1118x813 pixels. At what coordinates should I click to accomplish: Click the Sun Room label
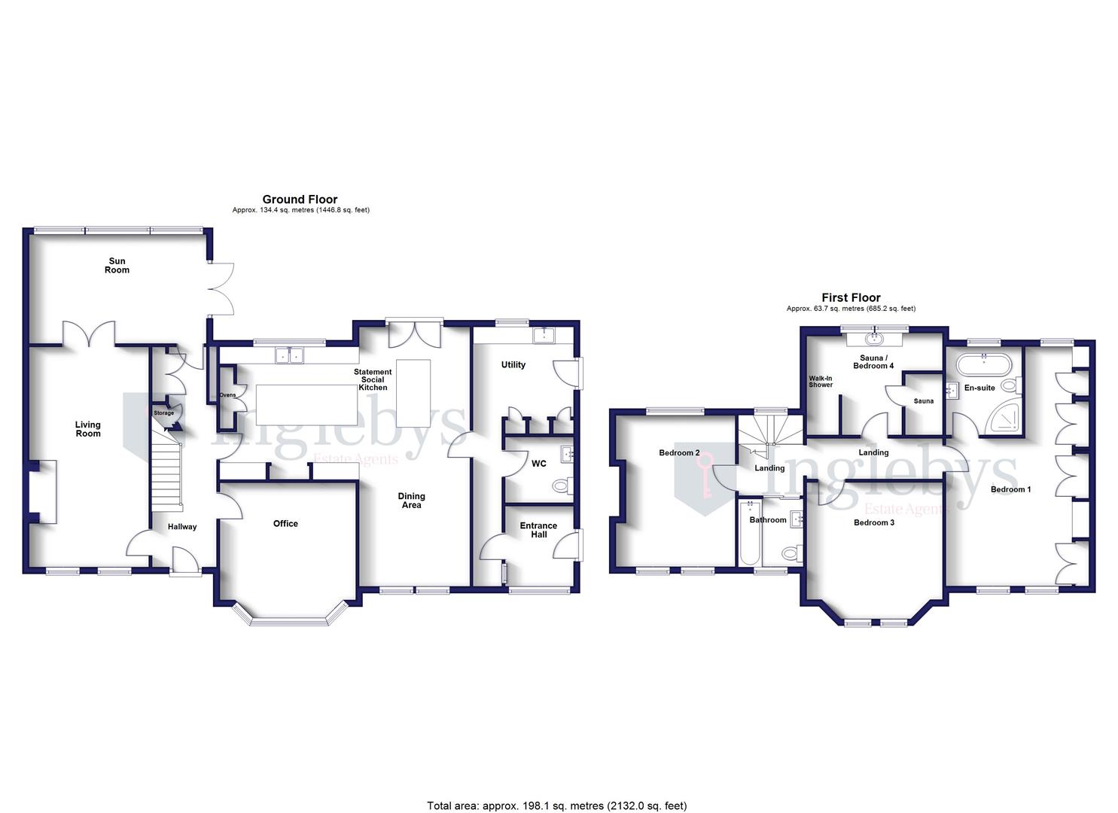[x=117, y=266]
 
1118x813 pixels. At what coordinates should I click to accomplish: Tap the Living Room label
[x=87, y=429]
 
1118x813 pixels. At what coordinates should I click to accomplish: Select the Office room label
[x=285, y=524]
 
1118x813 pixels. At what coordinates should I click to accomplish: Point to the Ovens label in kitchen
[x=227, y=395]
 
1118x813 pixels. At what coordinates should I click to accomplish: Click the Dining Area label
[x=411, y=501]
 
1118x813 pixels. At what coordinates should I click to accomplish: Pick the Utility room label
[x=513, y=365]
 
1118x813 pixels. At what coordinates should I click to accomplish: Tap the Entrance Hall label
[x=538, y=530]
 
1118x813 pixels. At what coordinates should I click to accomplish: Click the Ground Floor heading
[x=300, y=199]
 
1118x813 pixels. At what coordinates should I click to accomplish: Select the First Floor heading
[x=851, y=298]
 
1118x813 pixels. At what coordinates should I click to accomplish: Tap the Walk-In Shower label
[x=821, y=382]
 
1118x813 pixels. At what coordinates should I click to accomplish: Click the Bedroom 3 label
[x=873, y=522]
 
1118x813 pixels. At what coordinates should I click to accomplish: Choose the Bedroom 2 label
[x=679, y=453]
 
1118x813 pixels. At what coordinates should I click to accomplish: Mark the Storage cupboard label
[x=163, y=413]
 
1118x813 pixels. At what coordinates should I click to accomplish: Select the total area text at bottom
[x=557, y=805]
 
